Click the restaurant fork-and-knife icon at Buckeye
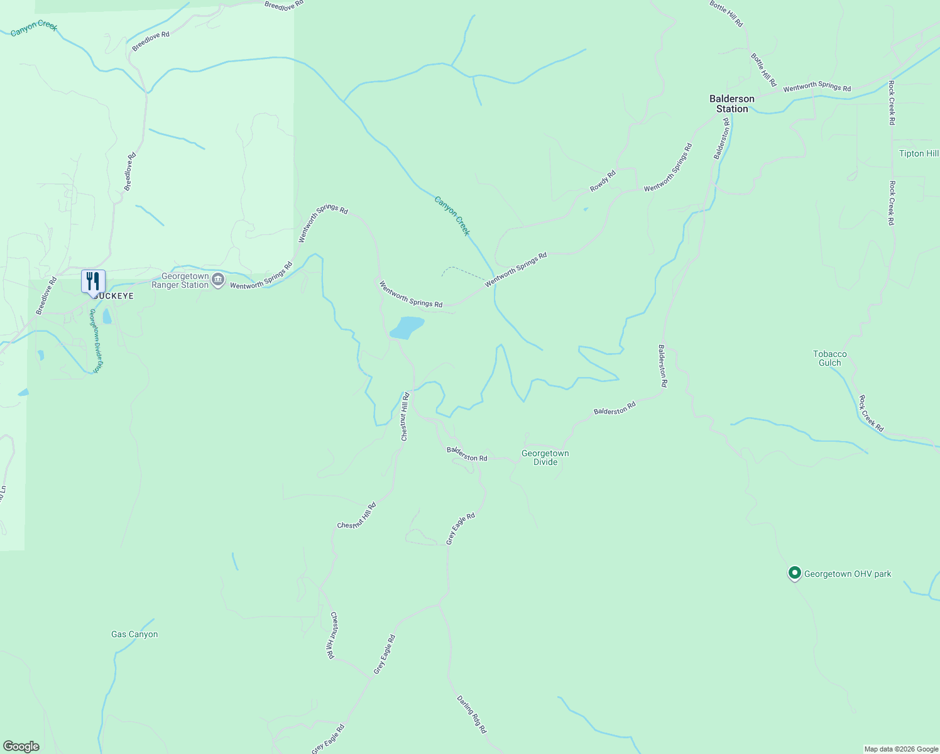[93, 281]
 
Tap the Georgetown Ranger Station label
[185, 281]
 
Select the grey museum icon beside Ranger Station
[218, 280]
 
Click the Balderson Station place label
[732, 104]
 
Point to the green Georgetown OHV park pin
[795, 573]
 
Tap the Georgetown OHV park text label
[848, 574]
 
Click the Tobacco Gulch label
[830, 358]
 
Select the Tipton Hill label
[919, 154]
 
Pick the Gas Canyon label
[134, 635]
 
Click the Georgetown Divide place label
[545, 457]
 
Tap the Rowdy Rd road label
[603, 182]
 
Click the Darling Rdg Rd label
[472, 715]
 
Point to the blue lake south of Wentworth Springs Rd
[407, 327]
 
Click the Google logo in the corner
[21, 746]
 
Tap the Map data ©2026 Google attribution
[901, 749]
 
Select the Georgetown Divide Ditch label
[96, 341]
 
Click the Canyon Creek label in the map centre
[452, 216]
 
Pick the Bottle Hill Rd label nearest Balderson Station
[763, 70]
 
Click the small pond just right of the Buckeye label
[107, 316]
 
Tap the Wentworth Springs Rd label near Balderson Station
[817, 87]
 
